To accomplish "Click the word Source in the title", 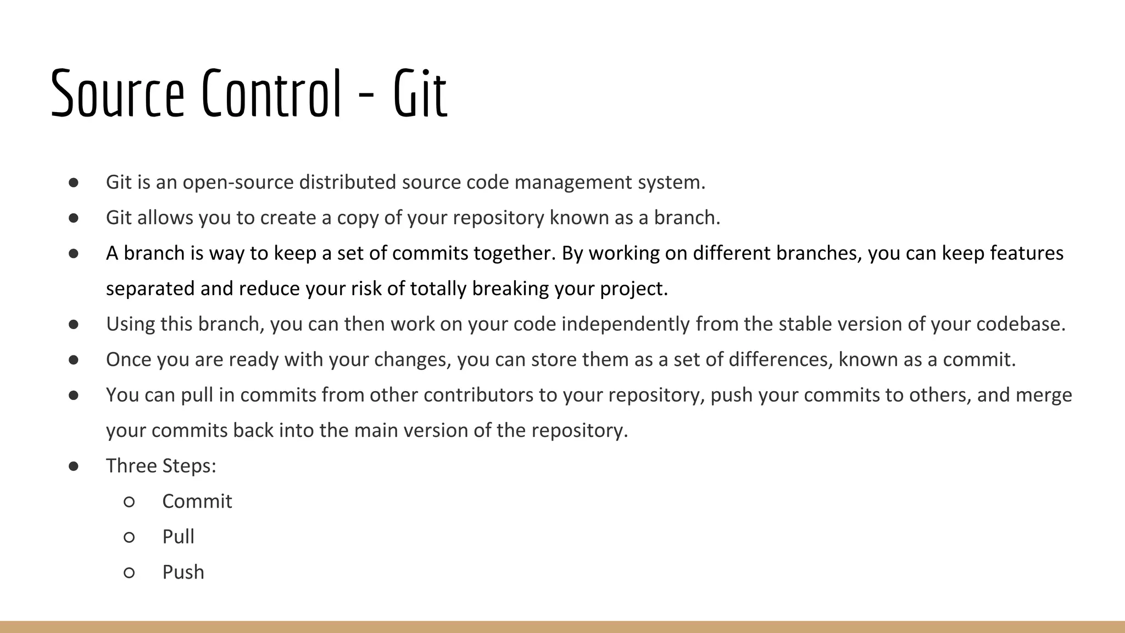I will pyautogui.click(x=117, y=93).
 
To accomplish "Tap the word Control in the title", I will pyautogui.click(x=272, y=93).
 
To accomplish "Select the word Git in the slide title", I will pyautogui.click(x=420, y=93).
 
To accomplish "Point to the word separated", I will pyautogui.click(x=150, y=289).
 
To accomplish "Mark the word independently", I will pyautogui.click(x=625, y=324).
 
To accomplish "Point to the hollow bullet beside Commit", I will pyautogui.click(x=129, y=502).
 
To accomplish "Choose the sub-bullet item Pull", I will pyautogui.click(x=178, y=537).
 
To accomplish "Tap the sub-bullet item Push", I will pyautogui.click(x=183, y=573).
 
